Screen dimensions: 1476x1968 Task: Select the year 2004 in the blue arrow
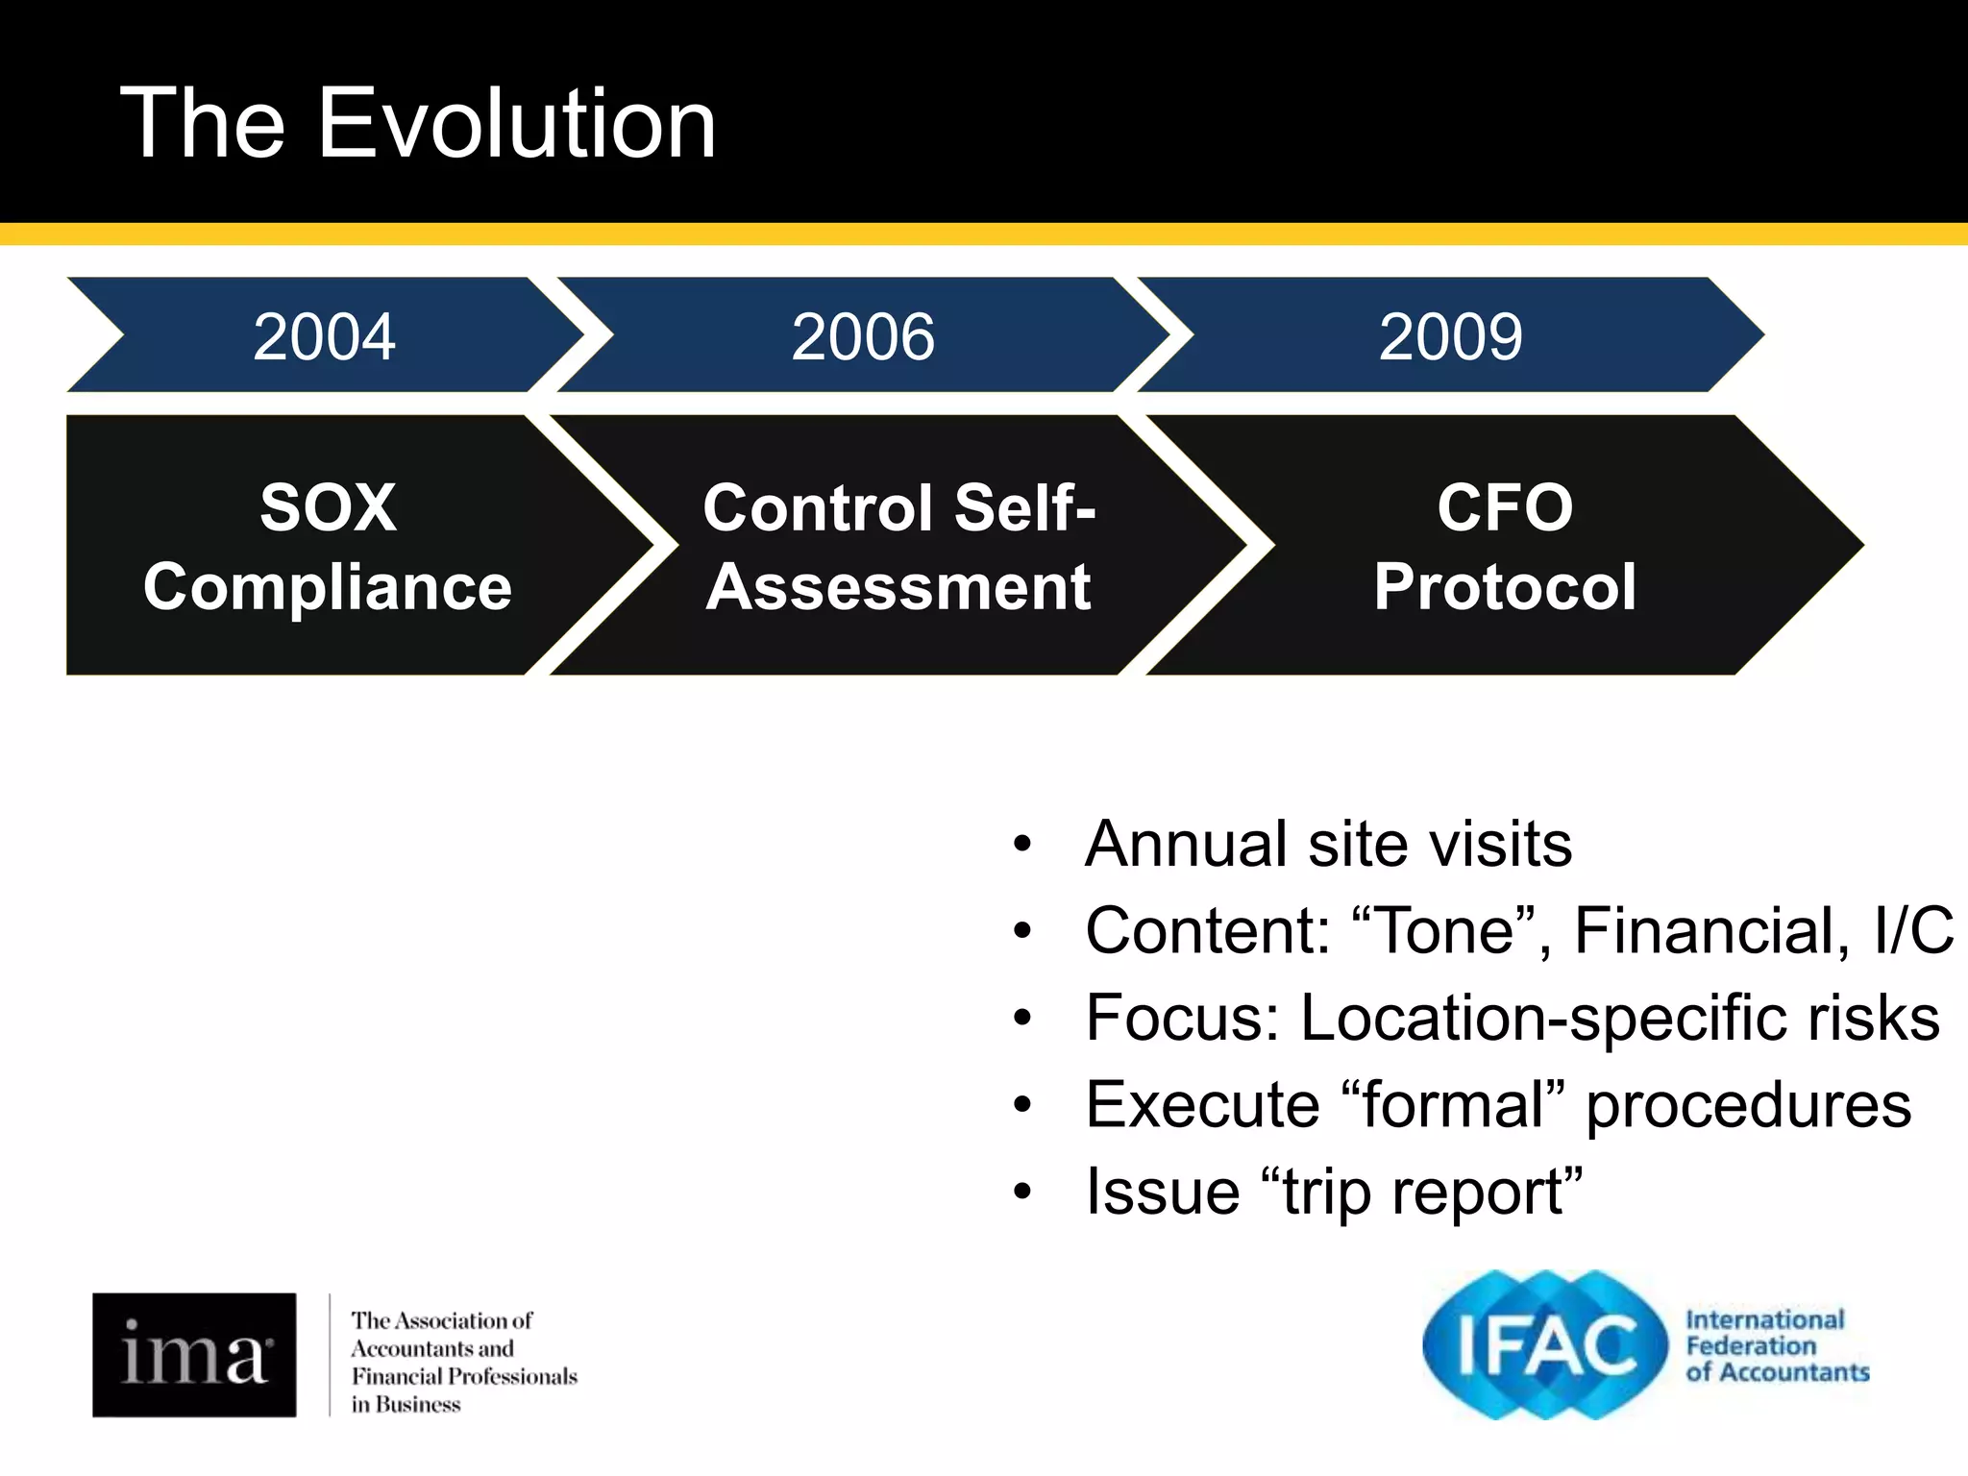click(x=324, y=337)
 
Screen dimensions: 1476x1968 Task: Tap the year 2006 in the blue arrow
click(x=862, y=337)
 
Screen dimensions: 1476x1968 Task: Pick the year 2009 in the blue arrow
click(x=1450, y=337)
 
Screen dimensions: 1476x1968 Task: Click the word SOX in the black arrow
click(x=328, y=507)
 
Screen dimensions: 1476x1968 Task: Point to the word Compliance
click(x=328, y=586)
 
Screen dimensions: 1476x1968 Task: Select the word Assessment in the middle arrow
click(x=898, y=586)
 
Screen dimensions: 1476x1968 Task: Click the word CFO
click(x=1505, y=507)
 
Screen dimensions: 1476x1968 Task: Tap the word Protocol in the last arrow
click(x=1505, y=586)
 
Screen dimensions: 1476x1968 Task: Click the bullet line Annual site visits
click(x=1328, y=844)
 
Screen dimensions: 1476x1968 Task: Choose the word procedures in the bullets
click(x=1748, y=1105)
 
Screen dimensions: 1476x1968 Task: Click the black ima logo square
click(x=194, y=1354)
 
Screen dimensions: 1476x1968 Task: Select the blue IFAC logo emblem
click(x=1544, y=1345)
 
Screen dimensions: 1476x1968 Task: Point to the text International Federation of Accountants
click(x=1776, y=1346)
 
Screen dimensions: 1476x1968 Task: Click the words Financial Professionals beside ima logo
click(x=464, y=1376)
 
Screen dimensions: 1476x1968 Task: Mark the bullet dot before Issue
click(x=1022, y=1193)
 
